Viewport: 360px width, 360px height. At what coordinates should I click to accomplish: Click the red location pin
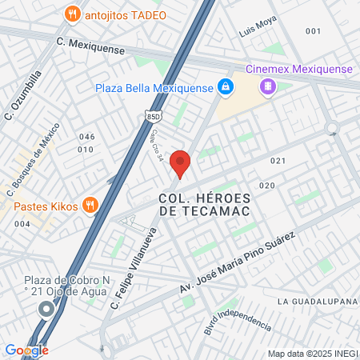click(181, 162)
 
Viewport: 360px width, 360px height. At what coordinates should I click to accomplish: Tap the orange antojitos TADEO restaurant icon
click(73, 14)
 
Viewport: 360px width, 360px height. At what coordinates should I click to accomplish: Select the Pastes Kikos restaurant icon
click(90, 206)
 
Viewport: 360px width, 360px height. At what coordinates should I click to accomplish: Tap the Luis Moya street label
click(258, 34)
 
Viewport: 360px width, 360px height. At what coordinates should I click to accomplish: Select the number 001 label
click(313, 31)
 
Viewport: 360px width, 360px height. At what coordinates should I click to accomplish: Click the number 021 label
click(278, 161)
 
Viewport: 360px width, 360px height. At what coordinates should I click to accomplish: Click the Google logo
click(26, 350)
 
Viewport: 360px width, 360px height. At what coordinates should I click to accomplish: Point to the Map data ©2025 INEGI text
click(312, 353)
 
